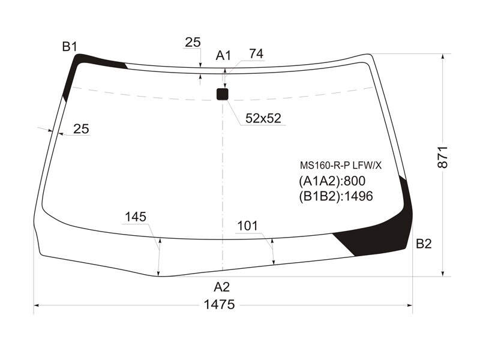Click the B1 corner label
(70, 47)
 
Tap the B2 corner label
(424, 244)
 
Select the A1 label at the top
(223, 56)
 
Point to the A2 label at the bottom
(221, 287)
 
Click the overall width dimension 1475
(219, 305)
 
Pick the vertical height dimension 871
(443, 157)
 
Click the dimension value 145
(136, 217)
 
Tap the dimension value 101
(248, 226)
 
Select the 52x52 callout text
(263, 118)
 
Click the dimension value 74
(256, 54)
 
